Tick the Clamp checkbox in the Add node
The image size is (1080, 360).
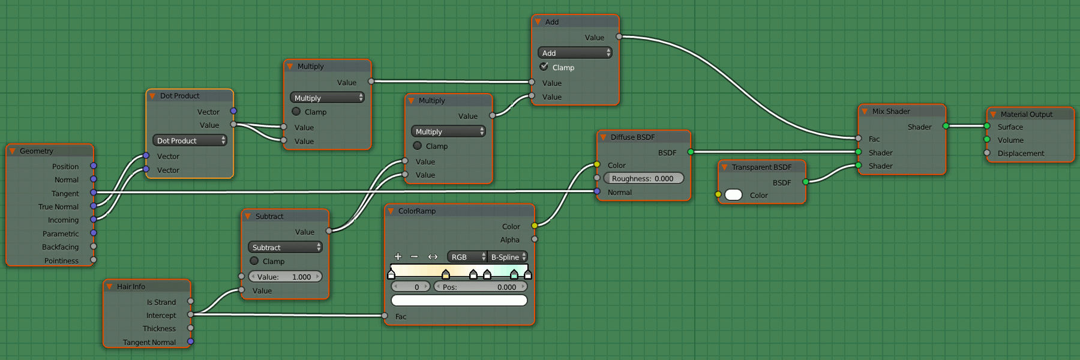[x=544, y=67]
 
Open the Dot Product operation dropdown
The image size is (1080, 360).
[x=190, y=140]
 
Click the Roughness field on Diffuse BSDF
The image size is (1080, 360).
[x=643, y=178]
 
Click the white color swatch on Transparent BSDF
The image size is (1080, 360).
[x=734, y=195]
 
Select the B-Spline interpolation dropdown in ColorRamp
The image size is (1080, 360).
[x=508, y=257]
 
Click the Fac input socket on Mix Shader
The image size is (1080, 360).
[x=859, y=139]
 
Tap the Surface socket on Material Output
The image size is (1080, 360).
[x=987, y=126]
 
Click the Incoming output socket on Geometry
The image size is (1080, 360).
[x=93, y=220]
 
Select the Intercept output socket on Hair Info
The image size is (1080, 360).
[x=190, y=314]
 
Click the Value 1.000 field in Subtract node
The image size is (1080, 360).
[x=285, y=277]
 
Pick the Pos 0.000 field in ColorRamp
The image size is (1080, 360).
[x=480, y=287]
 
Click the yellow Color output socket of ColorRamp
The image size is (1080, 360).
[x=535, y=226]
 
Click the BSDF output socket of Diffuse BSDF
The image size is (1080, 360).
[x=691, y=152]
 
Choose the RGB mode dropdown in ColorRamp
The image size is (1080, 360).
[x=467, y=257]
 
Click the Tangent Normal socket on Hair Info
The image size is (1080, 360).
[x=190, y=341]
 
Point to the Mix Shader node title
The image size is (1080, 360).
[x=891, y=112]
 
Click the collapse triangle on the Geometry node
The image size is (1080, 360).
[x=12, y=151]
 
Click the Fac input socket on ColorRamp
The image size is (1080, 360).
[x=385, y=316]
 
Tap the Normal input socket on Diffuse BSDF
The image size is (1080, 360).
[x=597, y=191]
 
